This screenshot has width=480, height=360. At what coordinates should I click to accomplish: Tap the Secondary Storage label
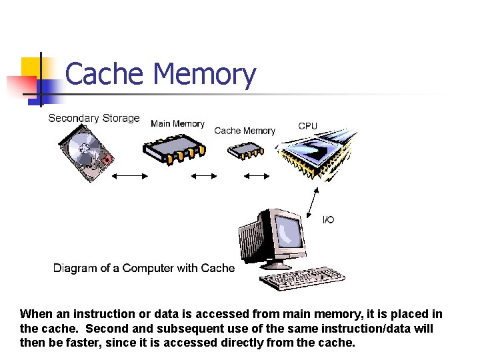pyautogui.click(x=94, y=118)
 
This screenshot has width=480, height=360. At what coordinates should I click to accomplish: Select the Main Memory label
pyautogui.click(x=177, y=123)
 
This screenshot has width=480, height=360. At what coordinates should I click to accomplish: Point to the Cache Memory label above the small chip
pyautogui.click(x=245, y=131)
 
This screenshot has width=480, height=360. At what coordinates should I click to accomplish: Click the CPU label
pyautogui.click(x=308, y=126)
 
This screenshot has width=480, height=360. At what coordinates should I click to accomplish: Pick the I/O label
pyautogui.click(x=329, y=220)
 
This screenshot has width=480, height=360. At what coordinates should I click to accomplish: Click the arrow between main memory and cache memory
pyautogui.click(x=205, y=176)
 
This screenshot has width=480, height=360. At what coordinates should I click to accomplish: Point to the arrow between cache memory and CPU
pyautogui.click(x=255, y=176)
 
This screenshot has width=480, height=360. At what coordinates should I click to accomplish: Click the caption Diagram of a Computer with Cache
pyautogui.click(x=144, y=268)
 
